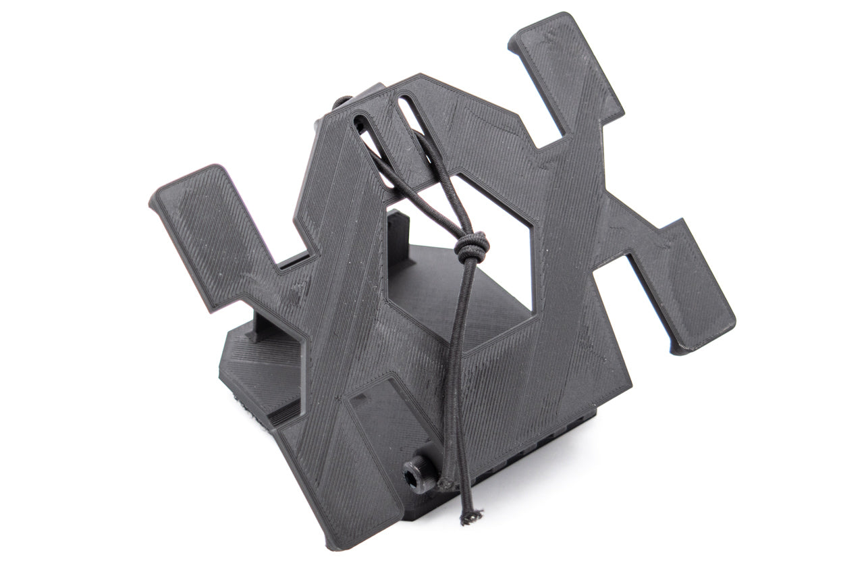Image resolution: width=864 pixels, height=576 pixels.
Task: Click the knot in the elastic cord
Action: pyautogui.click(x=470, y=248)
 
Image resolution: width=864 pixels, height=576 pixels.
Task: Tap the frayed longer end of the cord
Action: pyautogui.click(x=466, y=518)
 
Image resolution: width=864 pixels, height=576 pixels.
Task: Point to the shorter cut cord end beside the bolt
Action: pyautogui.click(x=445, y=483)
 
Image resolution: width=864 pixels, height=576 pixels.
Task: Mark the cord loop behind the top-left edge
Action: pyautogui.click(x=341, y=103)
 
